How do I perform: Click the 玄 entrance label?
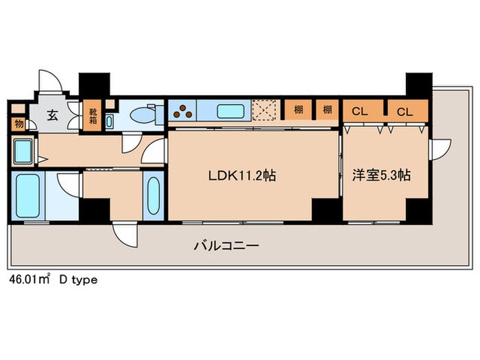[53, 115]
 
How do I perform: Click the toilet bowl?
[143, 114]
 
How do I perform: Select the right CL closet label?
[405, 110]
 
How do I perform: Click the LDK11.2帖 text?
[242, 176]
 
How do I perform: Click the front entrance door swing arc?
[49, 80]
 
